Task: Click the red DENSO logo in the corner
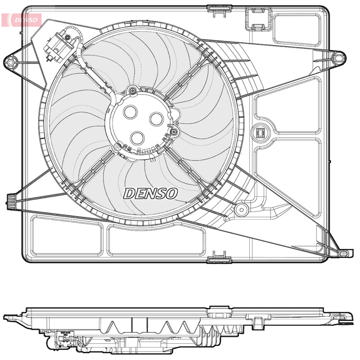tap(21, 20)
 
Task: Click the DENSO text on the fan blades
tap(151, 193)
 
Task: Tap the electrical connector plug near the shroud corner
tap(58, 47)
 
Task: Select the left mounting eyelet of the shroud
tap(10, 62)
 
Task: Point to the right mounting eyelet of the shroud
tap(339, 58)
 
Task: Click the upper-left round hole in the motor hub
tap(130, 112)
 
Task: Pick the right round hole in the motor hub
tap(156, 119)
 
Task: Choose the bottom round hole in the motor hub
tap(137, 138)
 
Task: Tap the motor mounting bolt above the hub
tap(132, 90)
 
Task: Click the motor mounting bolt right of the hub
tap(174, 132)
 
